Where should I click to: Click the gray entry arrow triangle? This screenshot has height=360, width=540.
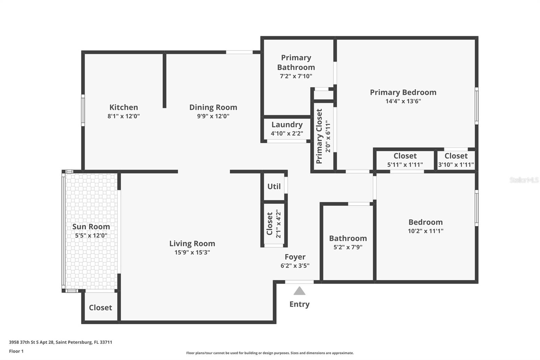click(x=299, y=291)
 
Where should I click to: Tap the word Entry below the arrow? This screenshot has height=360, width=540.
click(x=299, y=304)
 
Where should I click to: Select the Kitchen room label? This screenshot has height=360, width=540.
click(x=124, y=107)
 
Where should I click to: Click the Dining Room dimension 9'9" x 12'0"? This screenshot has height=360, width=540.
click(x=213, y=116)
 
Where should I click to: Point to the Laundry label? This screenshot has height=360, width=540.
click(x=287, y=125)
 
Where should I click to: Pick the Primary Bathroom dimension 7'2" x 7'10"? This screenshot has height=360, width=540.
click(x=296, y=76)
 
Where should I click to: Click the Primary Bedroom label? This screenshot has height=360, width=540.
click(x=403, y=92)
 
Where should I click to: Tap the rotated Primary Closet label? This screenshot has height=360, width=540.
click(x=319, y=136)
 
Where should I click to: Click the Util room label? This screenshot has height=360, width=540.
click(x=274, y=186)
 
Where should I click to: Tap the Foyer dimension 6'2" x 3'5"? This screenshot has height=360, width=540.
click(x=295, y=266)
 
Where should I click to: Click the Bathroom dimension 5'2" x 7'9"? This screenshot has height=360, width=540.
click(x=348, y=247)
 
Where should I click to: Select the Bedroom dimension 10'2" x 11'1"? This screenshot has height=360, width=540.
click(x=425, y=231)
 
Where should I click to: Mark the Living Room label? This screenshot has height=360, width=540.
click(x=192, y=243)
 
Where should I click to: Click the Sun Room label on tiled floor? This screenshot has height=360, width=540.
click(x=91, y=227)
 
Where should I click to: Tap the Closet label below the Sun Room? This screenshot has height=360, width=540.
click(x=100, y=308)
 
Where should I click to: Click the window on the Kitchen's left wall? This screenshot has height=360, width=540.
click(x=83, y=111)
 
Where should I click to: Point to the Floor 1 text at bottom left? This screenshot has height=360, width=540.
click(x=16, y=351)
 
